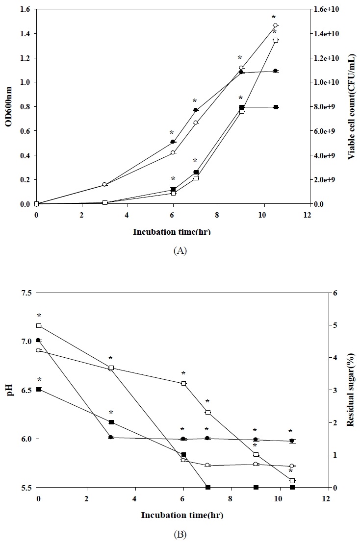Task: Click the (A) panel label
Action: pyautogui.click(x=180, y=250)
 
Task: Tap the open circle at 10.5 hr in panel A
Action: pyautogui.click(x=275, y=25)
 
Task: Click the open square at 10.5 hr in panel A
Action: pyautogui.click(x=276, y=40)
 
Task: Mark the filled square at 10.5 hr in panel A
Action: pyautogui.click(x=276, y=107)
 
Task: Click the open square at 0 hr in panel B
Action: pyautogui.click(x=39, y=325)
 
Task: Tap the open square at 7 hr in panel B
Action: pyautogui.click(x=208, y=412)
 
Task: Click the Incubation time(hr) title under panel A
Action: pyautogui.click(x=172, y=232)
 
